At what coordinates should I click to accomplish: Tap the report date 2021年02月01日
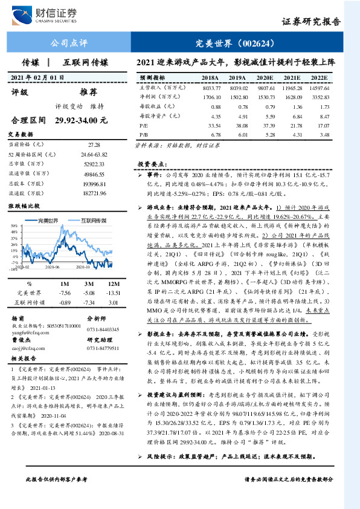tap(37, 77)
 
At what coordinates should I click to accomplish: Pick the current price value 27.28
tap(94, 144)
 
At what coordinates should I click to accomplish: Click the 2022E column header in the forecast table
tap(320, 79)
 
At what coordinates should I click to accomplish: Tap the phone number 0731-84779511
tap(103, 348)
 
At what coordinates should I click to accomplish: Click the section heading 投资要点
tap(150, 164)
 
